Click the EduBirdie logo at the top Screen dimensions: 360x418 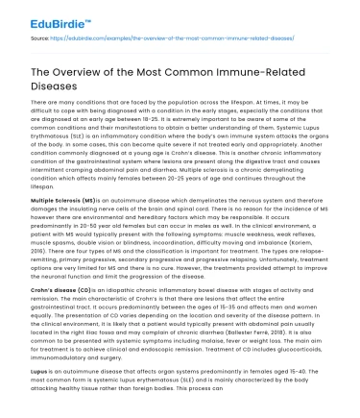[x=39, y=16]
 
